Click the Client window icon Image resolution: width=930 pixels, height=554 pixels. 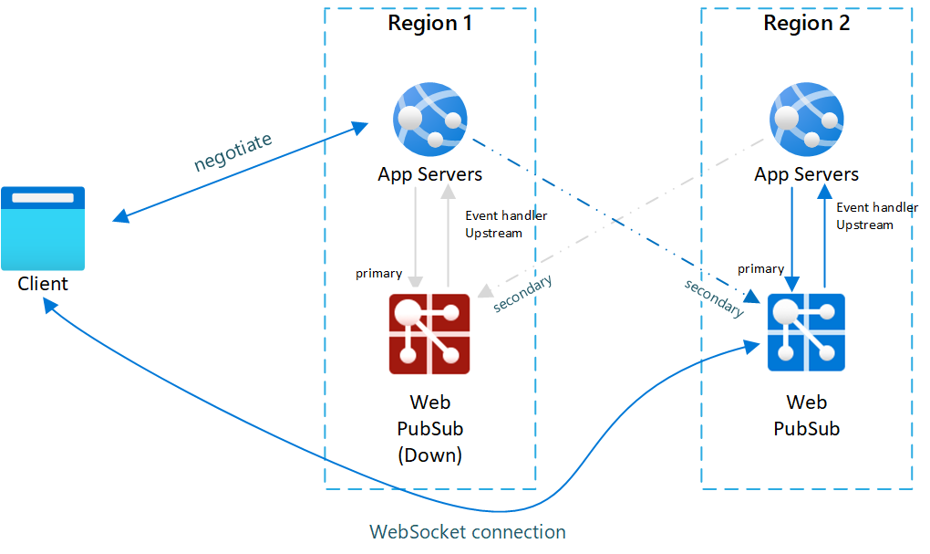coord(43,228)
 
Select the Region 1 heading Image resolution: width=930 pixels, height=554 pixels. coord(430,24)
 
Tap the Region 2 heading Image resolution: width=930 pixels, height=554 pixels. coord(806,24)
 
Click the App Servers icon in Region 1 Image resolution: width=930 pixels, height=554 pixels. coord(429,119)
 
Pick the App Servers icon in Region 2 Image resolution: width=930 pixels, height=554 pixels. coord(806,119)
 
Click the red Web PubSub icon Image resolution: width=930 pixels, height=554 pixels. coord(429,334)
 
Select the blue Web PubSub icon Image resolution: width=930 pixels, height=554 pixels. coord(806,332)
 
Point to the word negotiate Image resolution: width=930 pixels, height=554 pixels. coord(232,152)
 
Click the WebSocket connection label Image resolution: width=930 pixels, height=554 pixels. coord(468,532)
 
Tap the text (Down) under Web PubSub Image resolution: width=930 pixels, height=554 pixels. coord(429,455)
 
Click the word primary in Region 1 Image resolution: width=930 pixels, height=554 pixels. coord(378,273)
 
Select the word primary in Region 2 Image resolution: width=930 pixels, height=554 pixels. coord(760,268)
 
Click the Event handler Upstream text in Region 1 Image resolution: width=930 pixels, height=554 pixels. coord(506,225)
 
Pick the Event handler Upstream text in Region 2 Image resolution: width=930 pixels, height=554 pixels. coord(877,216)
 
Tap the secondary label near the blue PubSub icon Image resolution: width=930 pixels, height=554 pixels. coord(714,298)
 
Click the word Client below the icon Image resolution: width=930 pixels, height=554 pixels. coord(43,284)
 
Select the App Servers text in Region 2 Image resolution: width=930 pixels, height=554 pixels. coord(806,174)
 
